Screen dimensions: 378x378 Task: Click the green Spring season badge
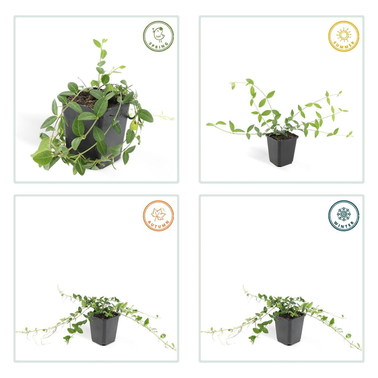pyautogui.click(x=158, y=36)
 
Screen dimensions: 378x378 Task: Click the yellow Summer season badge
pyautogui.click(x=343, y=36)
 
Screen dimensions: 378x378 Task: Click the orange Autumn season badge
pyautogui.click(x=158, y=216)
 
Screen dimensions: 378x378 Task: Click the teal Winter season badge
pyautogui.click(x=343, y=215)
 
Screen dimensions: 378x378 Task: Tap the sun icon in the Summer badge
pyautogui.click(x=343, y=34)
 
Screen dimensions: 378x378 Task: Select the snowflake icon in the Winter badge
pyautogui.click(x=343, y=213)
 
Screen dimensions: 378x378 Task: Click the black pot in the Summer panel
pyautogui.click(x=282, y=152)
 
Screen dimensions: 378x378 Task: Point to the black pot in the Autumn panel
pyautogui.click(x=104, y=330)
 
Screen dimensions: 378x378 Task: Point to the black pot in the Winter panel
pyautogui.click(x=289, y=330)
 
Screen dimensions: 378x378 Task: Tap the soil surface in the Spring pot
pyautogui.click(x=86, y=99)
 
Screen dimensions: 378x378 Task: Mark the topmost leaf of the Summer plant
pyautogui.click(x=249, y=82)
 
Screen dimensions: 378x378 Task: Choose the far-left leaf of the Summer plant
pyautogui.click(x=210, y=124)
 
